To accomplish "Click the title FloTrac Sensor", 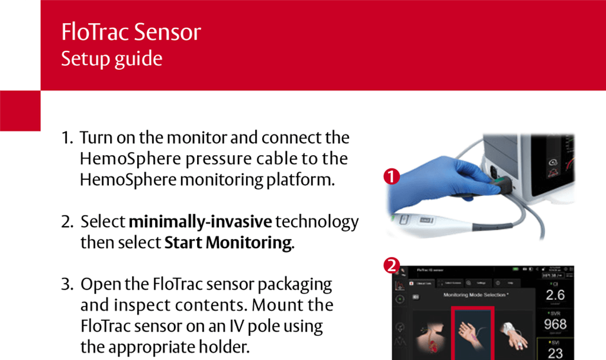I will [x=131, y=32].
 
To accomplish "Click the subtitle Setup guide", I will [x=111, y=59].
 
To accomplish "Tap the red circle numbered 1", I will [x=391, y=176].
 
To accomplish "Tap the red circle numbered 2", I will [x=391, y=266].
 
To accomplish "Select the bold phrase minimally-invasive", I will [x=201, y=222].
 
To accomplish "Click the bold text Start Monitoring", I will [x=228, y=243].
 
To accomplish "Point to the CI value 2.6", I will [x=555, y=295].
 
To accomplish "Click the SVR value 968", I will [x=555, y=324].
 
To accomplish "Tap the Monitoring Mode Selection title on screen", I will [x=475, y=294].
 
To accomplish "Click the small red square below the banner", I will [x=20, y=111].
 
